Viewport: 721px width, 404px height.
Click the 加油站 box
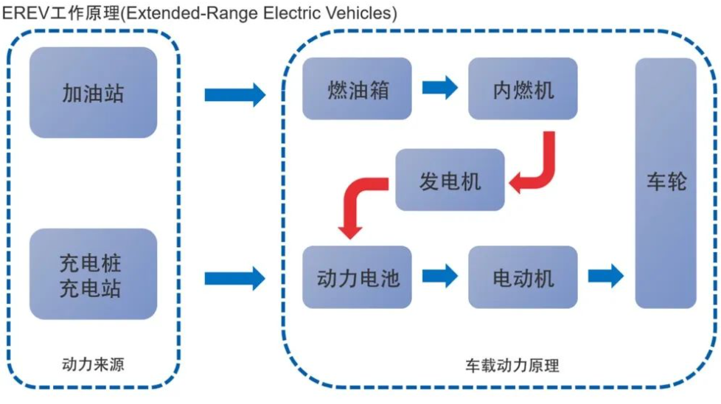click(x=93, y=92)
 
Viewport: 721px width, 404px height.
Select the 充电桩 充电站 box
click(x=93, y=274)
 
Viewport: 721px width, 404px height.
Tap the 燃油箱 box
click(x=358, y=88)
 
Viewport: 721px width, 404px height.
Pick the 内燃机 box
click(x=523, y=88)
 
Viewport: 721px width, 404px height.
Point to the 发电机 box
click(x=450, y=180)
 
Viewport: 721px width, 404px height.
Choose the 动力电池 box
click(x=358, y=276)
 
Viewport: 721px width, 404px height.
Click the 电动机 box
click(x=523, y=276)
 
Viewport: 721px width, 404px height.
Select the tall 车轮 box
click(x=666, y=183)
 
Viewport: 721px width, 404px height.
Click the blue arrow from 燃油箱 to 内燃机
click(x=440, y=88)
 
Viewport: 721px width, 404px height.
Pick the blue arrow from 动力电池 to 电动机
click(x=440, y=276)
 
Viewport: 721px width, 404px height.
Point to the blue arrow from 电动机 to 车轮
click(x=605, y=276)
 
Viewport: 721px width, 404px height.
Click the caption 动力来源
click(x=93, y=363)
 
